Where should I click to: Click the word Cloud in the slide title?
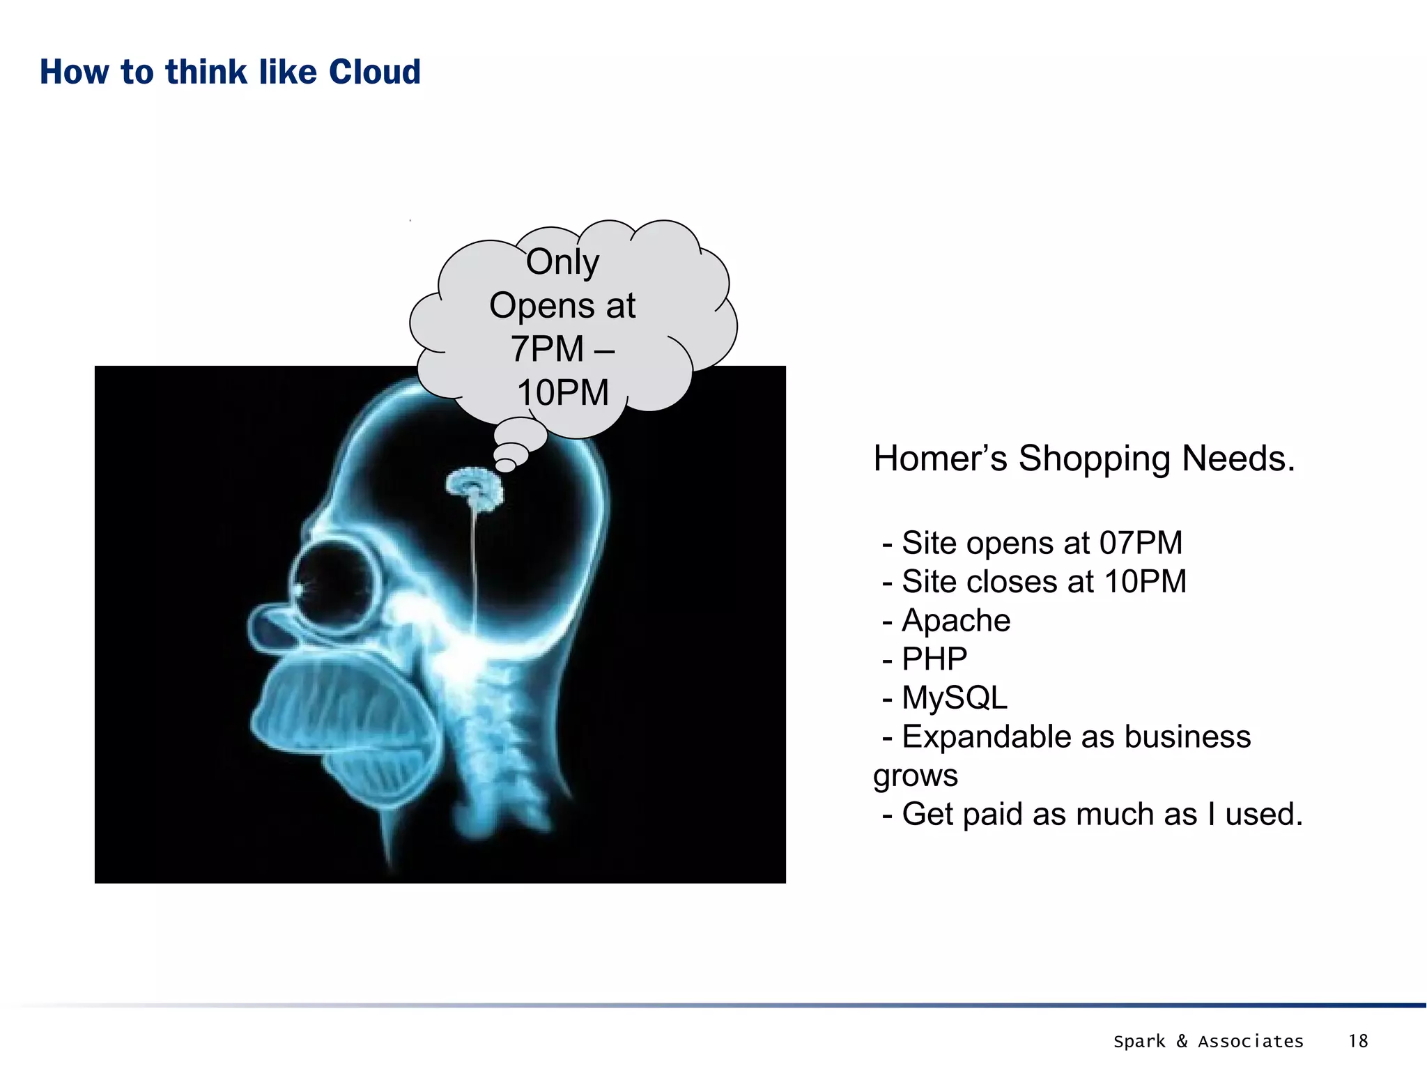pyautogui.click(x=375, y=72)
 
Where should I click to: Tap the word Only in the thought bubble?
pyautogui.click(x=562, y=262)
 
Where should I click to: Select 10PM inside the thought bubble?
pyautogui.click(x=562, y=392)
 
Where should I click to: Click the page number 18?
pyautogui.click(x=1358, y=1041)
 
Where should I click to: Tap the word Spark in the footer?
pyautogui.click(x=1139, y=1042)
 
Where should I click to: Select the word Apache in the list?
pyautogui.click(x=955, y=620)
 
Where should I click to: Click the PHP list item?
pyautogui.click(x=934, y=659)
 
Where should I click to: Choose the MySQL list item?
pyautogui.click(x=955, y=698)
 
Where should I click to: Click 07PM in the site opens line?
pyautogui.click(x=1141, y=543)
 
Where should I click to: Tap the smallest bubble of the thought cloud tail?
pyautogui.click(x=505, y=465)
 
